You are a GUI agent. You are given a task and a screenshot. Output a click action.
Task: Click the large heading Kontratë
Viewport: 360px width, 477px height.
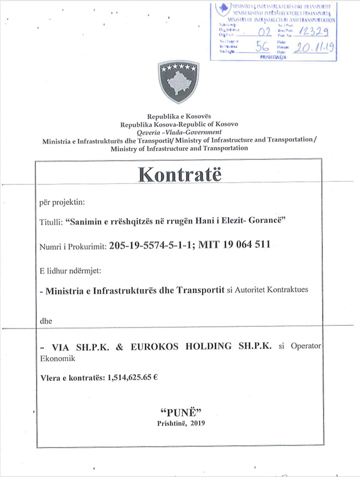coord(181,174)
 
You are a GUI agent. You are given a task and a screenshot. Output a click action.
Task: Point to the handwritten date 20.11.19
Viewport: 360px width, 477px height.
coord(314,47)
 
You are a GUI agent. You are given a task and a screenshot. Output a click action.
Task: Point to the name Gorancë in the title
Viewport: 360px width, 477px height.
coord(278,222)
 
